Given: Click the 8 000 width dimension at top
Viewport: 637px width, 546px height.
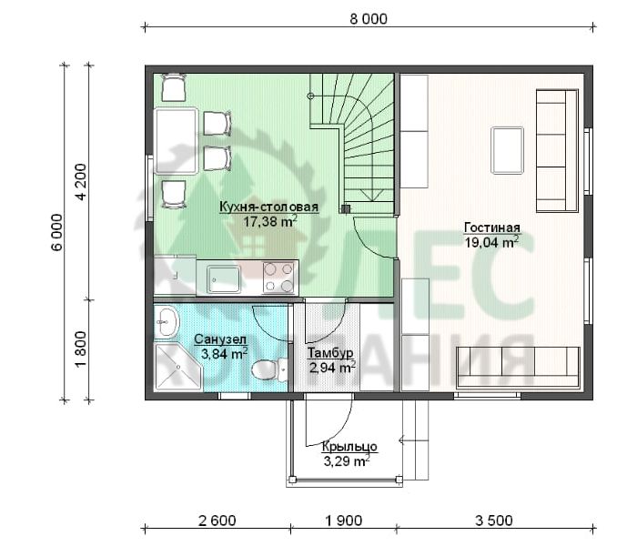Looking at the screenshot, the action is pos(369,19).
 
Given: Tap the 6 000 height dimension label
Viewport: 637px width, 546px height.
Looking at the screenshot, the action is pos(57,232).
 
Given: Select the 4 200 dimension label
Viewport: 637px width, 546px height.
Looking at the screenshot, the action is pos(82,182).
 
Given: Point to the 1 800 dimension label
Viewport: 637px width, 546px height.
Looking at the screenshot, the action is pos(82,349).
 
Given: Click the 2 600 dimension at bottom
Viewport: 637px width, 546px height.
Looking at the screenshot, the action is pos(217,521).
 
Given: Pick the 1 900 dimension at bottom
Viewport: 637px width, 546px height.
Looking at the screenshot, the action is pos(344,521).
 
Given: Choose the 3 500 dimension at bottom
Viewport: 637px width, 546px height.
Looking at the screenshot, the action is pos(494,521).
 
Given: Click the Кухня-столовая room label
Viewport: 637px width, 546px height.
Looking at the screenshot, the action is pos(268,207).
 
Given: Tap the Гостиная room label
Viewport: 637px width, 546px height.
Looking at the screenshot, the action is pos(492,227).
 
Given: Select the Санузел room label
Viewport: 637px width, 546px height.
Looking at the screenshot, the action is pos(220,339).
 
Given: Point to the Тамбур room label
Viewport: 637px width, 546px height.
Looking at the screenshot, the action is pos(329,353).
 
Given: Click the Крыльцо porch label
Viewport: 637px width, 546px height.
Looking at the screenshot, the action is pos(349,447).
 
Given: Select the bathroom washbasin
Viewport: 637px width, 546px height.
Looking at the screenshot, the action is pos(167,321).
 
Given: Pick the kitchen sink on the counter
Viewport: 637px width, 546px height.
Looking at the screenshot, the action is pos(223,278).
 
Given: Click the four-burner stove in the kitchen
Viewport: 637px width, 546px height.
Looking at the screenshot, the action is pos(278,278).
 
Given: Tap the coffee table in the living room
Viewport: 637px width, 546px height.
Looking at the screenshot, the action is pos(507,150).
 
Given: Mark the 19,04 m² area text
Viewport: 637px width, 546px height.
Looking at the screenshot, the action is pos(492,243).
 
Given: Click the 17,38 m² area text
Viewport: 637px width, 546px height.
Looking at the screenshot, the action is pos(270,221).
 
